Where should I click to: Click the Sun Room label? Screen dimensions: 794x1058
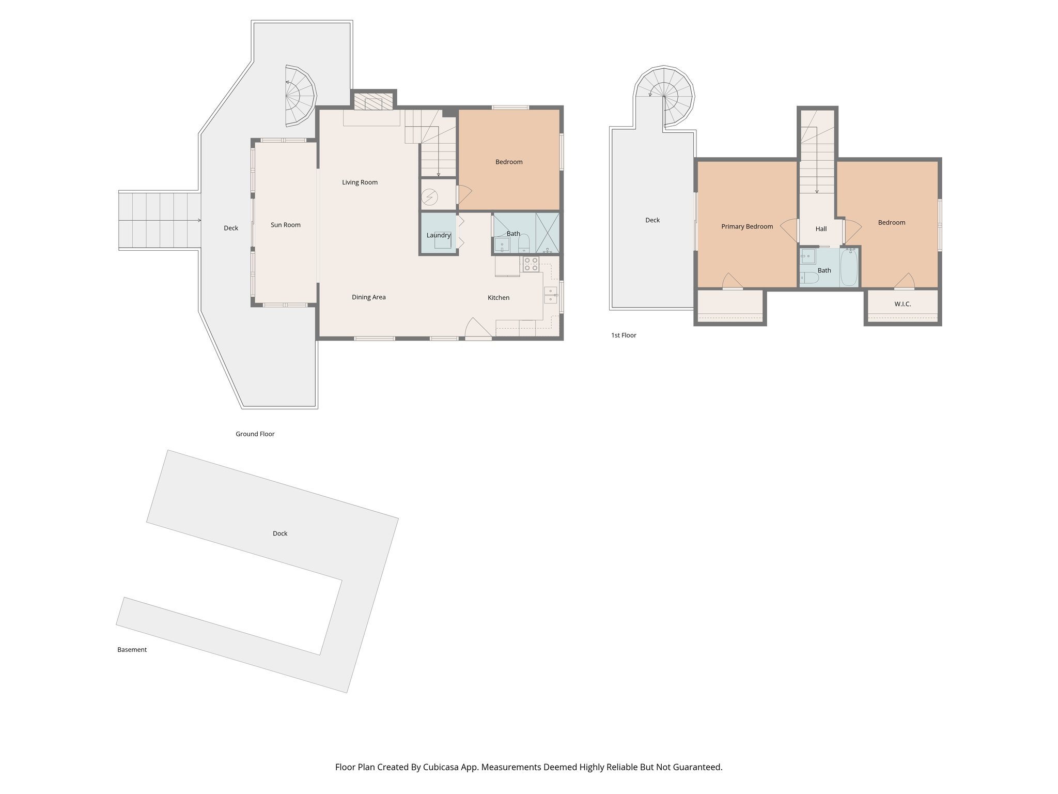[x=285, y=225]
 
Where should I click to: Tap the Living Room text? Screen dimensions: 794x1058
[x=360, y=182]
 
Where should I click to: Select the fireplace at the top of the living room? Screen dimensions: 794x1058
[x=374, y=103]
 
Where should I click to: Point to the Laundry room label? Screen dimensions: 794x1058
[x=438, y=235]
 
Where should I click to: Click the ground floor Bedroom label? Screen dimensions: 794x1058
[x=508, y=162]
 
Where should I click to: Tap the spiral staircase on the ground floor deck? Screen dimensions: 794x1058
[x=300, y=96]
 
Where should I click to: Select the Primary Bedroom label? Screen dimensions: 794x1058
[x=746, y=226]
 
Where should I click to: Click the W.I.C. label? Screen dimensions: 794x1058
[x=902, y=304]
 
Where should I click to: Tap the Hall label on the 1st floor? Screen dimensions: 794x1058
[x=821, y=229]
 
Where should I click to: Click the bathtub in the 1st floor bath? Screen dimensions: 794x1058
[x=848, y=267]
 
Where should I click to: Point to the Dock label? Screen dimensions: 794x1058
[x=279, y=533]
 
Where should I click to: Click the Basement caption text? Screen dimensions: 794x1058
[x=132, y=650]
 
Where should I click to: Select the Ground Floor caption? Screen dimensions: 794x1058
[x=255, y=434]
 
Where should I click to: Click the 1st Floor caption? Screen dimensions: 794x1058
[x=624, y=335]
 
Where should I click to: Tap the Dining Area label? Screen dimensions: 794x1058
[x=368, y=297]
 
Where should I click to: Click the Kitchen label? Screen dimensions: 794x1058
[x=498, y=298]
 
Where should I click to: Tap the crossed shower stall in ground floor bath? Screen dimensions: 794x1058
[x=548, y=233]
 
